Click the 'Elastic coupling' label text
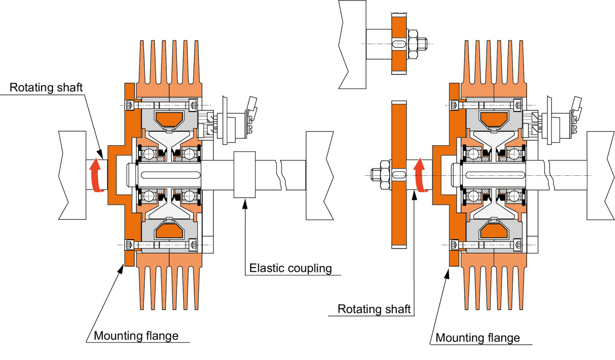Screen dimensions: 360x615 click(291, 268)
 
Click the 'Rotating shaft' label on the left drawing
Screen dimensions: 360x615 click(46, 88)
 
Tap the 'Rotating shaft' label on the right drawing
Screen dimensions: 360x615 click(374, 309)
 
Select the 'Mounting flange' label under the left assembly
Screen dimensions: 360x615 click(136, 336)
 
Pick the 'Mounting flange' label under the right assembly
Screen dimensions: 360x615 click(478, 338)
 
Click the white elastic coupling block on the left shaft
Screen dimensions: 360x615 click(245, 175)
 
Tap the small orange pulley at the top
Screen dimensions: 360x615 click(399, 44)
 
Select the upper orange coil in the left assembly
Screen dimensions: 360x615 click(169, 118)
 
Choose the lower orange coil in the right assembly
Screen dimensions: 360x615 click(494, 231)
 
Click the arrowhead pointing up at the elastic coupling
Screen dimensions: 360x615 click(245, 204)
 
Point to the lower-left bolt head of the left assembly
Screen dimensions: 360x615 click(129, 244)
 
